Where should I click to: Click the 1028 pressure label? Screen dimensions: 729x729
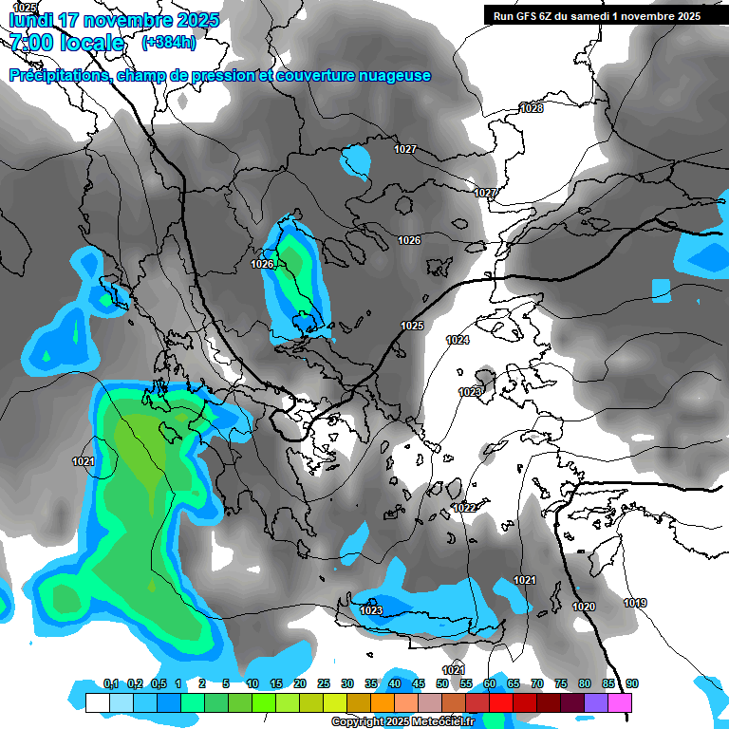(532, 108)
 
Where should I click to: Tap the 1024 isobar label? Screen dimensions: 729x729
(458, 340)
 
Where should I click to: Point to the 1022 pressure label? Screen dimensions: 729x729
(464, 508)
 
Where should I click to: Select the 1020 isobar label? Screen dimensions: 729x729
(584, 607)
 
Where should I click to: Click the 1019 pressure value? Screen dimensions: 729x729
(635, 603)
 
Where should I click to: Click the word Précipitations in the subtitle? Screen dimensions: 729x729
(58, 75)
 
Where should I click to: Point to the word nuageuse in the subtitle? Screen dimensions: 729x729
(391, 75)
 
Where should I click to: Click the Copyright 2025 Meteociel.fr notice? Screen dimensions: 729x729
(402, 721)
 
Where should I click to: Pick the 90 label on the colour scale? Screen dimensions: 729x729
(632, 683)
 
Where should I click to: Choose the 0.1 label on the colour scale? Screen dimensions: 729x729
(110, 683)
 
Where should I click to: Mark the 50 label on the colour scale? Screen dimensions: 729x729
(442, 683)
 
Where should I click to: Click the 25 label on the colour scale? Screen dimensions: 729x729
(324, 683)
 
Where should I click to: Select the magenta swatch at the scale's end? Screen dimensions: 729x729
(620, 702)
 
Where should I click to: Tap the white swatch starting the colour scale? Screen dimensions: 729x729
(97, 702)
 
